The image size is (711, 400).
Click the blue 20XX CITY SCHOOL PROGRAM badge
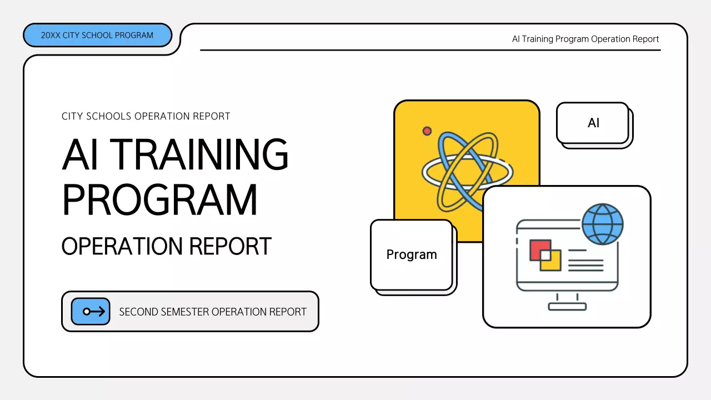97,35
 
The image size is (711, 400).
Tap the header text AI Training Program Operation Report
585,39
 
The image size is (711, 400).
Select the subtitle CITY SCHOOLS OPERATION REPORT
146,116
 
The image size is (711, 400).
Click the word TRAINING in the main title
202,154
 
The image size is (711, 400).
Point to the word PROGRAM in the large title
160,200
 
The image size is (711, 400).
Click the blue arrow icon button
91,311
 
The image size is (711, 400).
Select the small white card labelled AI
593,123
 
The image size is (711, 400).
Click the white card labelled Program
412,254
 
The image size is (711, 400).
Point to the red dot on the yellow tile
427,131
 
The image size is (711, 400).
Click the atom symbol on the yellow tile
467,171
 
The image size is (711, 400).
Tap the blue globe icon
603,224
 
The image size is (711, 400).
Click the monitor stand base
567,306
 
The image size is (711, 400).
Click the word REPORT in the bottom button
288,312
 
